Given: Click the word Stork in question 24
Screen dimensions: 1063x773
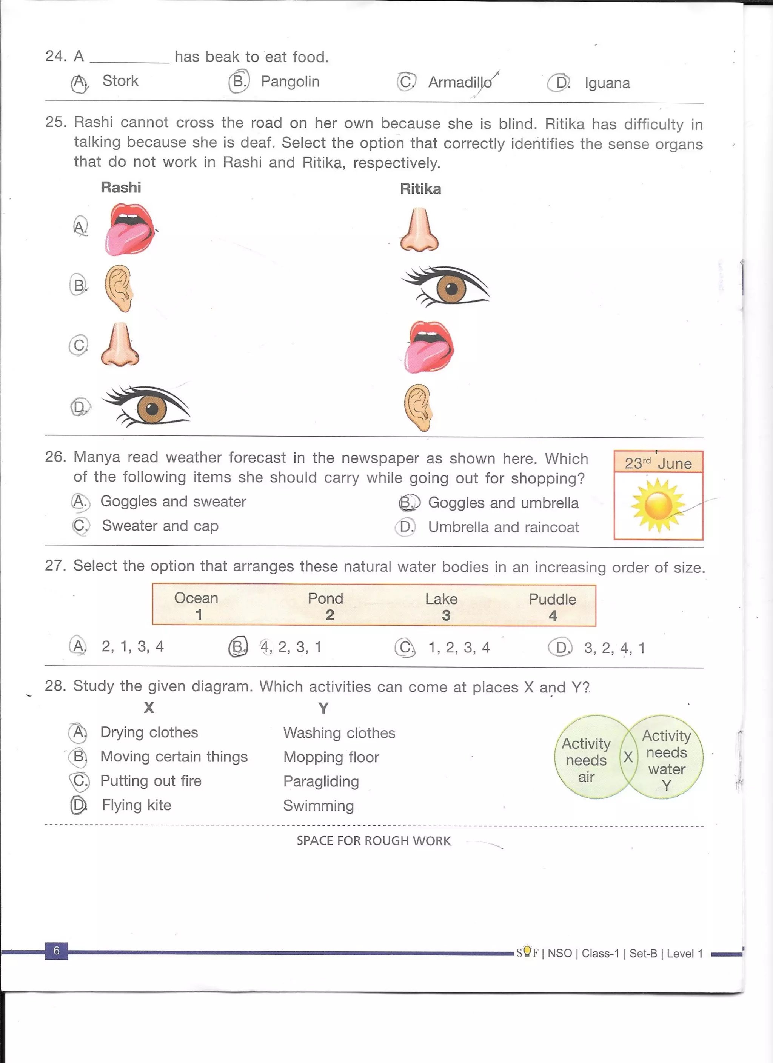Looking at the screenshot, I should [120, 81].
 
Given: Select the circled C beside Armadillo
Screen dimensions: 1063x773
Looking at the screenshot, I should [406, 82].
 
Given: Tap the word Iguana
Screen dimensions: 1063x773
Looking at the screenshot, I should [607, 84].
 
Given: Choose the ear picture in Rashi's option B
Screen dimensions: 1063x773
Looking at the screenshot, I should [119, 288].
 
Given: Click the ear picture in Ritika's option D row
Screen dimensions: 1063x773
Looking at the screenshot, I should [418, 407].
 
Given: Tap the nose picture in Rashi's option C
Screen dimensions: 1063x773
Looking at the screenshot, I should [120, 345].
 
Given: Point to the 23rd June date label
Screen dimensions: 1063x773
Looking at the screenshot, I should [658, 463].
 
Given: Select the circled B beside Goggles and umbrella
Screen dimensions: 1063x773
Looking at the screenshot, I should [408, 503].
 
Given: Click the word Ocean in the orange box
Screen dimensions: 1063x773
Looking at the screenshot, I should [196, 598].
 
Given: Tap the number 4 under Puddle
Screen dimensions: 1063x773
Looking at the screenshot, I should [553, 615].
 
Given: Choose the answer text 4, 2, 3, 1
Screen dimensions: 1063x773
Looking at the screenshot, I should [291, 647].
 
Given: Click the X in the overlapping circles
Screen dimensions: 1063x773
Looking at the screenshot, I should [628, 757].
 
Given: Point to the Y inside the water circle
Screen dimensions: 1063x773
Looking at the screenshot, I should [666, 785].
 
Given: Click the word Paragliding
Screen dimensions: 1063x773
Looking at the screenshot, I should [321, 781].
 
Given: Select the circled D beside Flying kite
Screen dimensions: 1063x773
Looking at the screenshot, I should [78, 805].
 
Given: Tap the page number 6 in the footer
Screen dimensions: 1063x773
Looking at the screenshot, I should [56, 951].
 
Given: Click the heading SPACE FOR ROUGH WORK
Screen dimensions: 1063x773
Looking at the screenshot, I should [374, 841].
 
